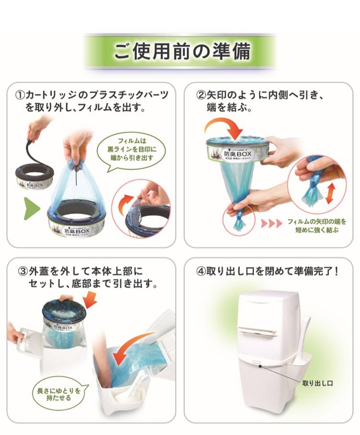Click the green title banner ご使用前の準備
180,51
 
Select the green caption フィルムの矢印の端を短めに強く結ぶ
316,226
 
